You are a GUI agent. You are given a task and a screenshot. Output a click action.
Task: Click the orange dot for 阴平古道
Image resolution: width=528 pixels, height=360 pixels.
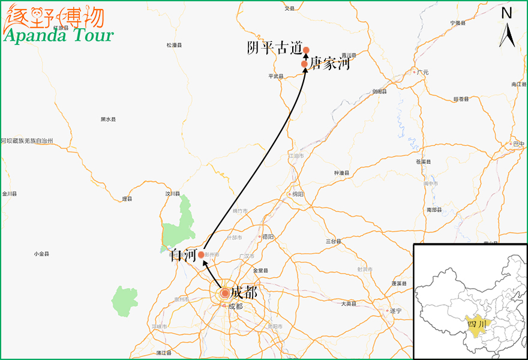[306, 50]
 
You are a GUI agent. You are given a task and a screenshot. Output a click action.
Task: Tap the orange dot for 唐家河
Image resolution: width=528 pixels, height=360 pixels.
[305, 64]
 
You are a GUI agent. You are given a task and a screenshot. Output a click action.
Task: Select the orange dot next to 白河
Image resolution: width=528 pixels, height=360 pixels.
[201, 254]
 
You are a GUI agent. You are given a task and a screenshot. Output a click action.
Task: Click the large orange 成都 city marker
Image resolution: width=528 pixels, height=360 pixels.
[224, 293]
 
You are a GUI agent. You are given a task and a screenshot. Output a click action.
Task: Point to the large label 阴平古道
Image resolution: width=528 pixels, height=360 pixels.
[274, 49]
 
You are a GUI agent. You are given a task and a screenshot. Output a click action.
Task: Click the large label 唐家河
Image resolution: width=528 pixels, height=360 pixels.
[329, 64]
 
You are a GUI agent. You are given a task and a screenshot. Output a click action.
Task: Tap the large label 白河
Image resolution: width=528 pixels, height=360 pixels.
[183, 256]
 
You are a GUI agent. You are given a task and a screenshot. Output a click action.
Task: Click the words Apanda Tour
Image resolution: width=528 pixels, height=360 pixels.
[59, 35]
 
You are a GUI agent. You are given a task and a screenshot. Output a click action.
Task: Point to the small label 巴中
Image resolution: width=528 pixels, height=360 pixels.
[519, 144]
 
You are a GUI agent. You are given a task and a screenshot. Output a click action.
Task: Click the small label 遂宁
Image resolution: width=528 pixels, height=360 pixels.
[395, 311]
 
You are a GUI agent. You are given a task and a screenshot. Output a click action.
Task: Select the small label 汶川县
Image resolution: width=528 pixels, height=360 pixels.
[173, 194]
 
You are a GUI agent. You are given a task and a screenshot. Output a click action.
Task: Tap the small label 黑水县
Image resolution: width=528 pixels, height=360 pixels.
[108, 119]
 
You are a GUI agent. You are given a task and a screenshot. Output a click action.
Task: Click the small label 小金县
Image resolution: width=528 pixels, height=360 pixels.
[42, 254]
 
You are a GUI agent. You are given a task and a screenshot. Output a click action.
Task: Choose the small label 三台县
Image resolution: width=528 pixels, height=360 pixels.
[334, 241]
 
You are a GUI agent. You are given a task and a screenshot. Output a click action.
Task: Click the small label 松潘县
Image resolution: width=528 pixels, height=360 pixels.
[174, 45]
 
